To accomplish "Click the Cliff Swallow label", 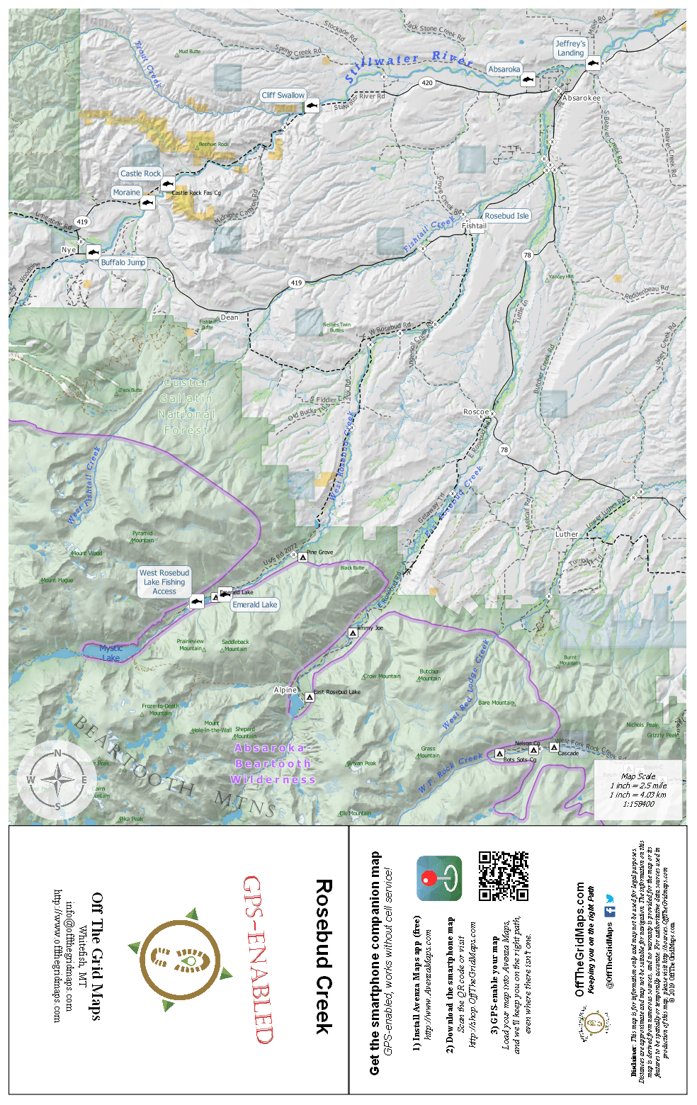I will click(283, 95).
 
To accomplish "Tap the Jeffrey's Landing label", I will click(570, 48).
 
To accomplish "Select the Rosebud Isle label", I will click(506, 216).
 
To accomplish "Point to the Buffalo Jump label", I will click(123, 262).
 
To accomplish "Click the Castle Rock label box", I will click(140, 174).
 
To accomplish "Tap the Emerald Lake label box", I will click(255, 605).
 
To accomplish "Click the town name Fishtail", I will click(475, 227).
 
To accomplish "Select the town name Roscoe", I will click(476, 412).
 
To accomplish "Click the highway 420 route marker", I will click(427, 83).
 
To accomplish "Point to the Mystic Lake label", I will click(110, 653).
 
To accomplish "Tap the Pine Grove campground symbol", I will click(302, 557).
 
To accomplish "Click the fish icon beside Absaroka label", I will click(527, 80).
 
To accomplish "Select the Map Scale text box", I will click(638, 790).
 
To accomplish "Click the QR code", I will click(503, 876).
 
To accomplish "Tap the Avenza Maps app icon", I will click(439, 878).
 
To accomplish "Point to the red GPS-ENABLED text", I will click(258, 959).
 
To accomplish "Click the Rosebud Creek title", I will click(323, 957).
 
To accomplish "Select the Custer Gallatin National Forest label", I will click(186, 407).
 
